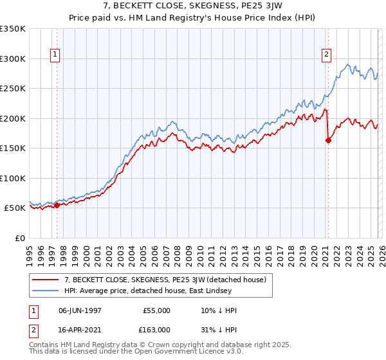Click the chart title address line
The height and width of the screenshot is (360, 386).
[x=193, y=7]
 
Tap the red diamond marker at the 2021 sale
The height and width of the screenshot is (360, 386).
[x=328, y=140]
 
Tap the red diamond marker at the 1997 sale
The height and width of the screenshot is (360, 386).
[x=57, y=205]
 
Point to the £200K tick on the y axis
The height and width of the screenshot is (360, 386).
[x=13, y=118]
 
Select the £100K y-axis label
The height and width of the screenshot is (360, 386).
[x=13, y=178]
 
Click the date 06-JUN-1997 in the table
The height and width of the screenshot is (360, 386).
[x=80, y=310]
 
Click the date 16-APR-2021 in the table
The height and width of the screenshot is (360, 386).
[x=80, y=329]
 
